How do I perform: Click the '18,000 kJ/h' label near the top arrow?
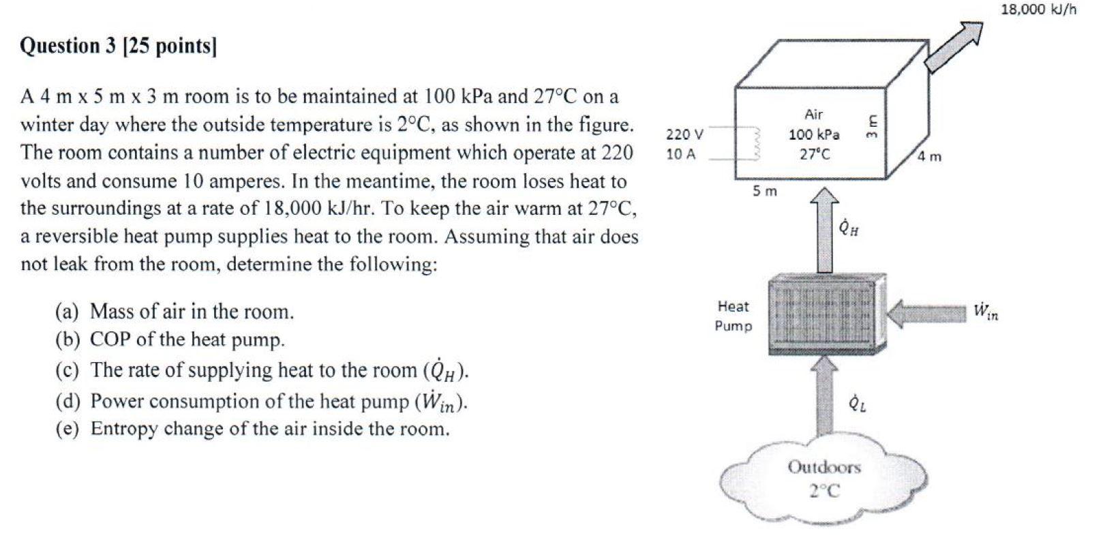pyautogui.click(x=1038, y=10)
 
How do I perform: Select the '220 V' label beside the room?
pyautogui.click(x=684, y=134)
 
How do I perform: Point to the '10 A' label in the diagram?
pyautogui.click(x=681, y=154)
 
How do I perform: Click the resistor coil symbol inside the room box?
pyautogui.click(x=751, y=144)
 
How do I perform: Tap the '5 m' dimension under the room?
pyautogui.click(x=764, y=192)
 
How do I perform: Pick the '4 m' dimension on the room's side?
pyautogui.click(x=928, y=157)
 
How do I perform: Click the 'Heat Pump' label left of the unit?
pyautogui.click(x=733, y=316)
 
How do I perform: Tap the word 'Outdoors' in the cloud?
pyautogui.click(x=824, y=468)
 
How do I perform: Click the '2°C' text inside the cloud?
pyautogui.click(x=824, y=491)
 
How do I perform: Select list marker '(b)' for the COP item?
pyautogui.click(x=67, y=340)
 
